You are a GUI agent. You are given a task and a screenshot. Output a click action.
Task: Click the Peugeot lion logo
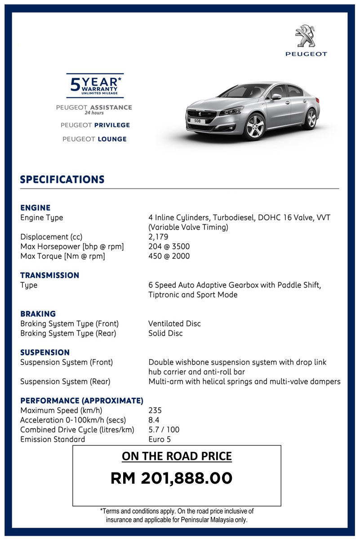coord(306,36)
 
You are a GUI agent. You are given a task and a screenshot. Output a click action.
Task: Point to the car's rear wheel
coord(311,119)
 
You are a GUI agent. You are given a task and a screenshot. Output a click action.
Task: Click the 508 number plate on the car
coord(197,120)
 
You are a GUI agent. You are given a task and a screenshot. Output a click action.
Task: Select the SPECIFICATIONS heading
coord(62,179)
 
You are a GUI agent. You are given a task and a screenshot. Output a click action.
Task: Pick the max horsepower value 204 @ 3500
coord(169,246)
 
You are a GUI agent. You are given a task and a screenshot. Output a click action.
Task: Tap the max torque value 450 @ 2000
coord(169,256)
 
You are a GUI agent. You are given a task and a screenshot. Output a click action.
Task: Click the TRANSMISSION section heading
coord(49,275)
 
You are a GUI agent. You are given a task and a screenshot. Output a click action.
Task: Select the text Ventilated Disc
coord(174,324)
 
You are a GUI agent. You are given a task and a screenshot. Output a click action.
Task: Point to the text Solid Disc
coord(165,334)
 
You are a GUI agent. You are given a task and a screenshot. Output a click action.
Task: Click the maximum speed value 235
coord(155,410)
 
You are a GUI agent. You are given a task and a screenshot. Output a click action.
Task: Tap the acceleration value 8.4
coord(154,420)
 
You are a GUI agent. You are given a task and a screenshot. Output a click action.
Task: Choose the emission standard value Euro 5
coord(160,440)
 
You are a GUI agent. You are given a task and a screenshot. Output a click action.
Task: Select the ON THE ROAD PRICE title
coord(177,457)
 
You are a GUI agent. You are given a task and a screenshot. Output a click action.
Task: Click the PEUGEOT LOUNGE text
coord(94,139)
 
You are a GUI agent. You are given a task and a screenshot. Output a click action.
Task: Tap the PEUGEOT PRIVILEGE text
coord(95,125)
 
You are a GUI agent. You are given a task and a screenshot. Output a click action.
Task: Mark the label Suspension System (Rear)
coord(66,382)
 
